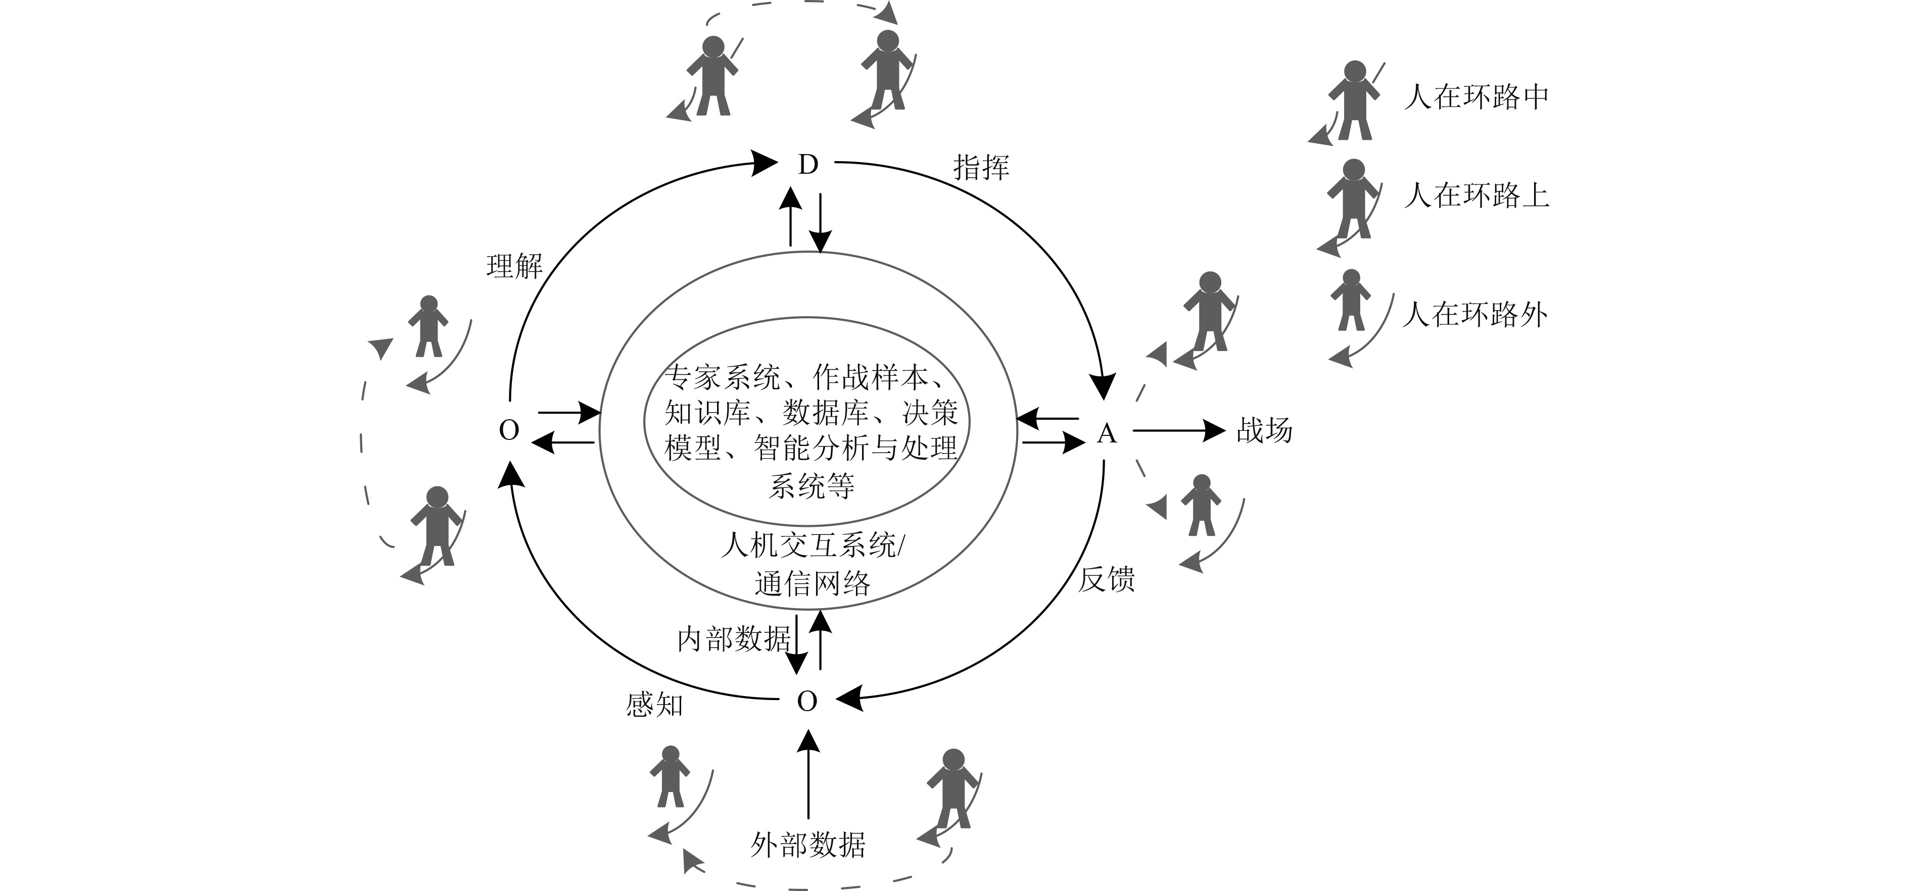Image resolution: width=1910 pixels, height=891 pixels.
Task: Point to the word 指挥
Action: tap(981, 168)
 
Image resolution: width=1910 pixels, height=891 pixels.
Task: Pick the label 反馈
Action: tap(1106, 580)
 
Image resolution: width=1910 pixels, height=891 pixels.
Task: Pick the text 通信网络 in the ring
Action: tap(813, 584)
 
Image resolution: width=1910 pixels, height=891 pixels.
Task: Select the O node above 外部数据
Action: tap(807, 701)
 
